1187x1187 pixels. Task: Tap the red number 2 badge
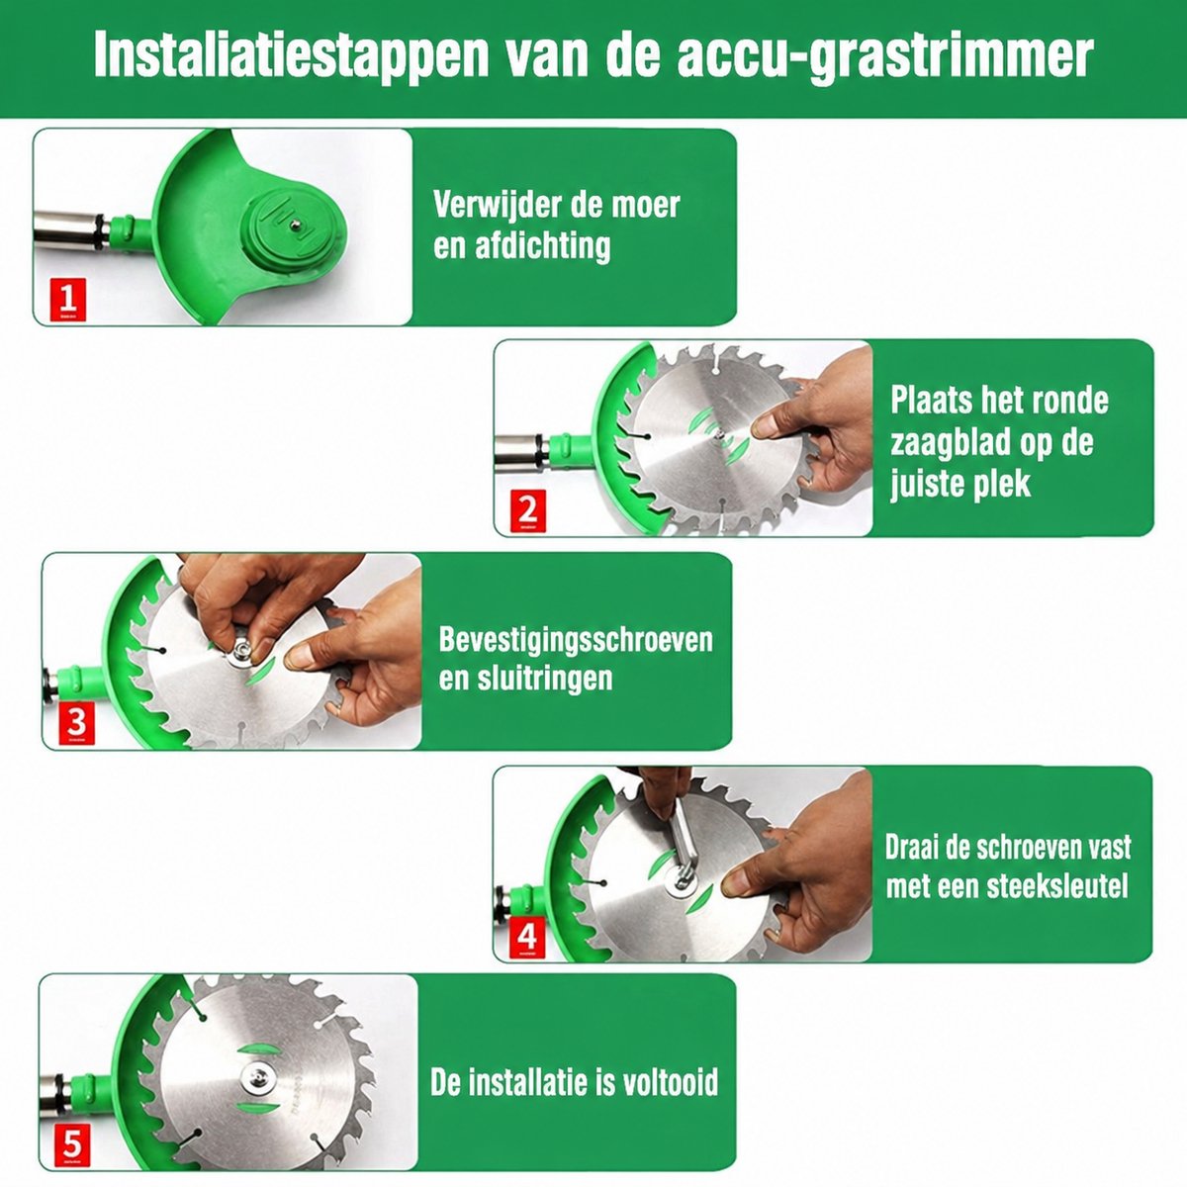point(527,511)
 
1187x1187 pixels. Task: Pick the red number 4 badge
point(527,938)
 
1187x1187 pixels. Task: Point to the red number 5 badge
point(72,1145)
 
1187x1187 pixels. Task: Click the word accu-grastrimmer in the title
point(885,56)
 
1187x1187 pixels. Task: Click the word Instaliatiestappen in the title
point(290,56)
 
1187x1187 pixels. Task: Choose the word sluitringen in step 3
point(543,679)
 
